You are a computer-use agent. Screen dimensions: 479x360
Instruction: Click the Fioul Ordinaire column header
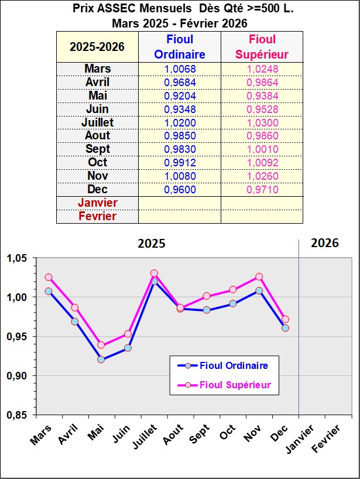click(179, 47)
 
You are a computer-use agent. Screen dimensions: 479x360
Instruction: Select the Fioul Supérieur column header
click(262, 47)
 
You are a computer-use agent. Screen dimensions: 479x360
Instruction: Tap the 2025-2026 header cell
click(97, 47)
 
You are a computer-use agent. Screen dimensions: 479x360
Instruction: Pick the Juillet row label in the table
click(97, 122)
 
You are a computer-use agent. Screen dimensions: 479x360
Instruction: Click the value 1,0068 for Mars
click(179, 69)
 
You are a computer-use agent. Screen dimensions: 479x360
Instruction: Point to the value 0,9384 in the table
click(262, 95)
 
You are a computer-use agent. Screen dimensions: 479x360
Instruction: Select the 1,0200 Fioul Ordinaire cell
click(179, 122)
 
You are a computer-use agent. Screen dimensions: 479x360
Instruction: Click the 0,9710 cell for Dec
click(262, 190)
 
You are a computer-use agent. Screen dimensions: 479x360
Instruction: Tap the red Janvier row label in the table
click(97, 203)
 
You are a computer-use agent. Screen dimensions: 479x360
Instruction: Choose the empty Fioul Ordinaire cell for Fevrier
click(179, 216)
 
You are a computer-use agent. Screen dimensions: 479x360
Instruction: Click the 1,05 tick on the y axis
click(19, 258)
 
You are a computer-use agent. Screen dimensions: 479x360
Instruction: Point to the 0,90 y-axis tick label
click(19, 375)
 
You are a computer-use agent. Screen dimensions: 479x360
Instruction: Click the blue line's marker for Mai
click(101, 360)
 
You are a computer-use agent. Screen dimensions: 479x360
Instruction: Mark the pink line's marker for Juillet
click(154, 273)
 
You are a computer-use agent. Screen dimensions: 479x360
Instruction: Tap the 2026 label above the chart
click(325, 243)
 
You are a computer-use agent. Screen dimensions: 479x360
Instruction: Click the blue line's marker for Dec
click(285, 328)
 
